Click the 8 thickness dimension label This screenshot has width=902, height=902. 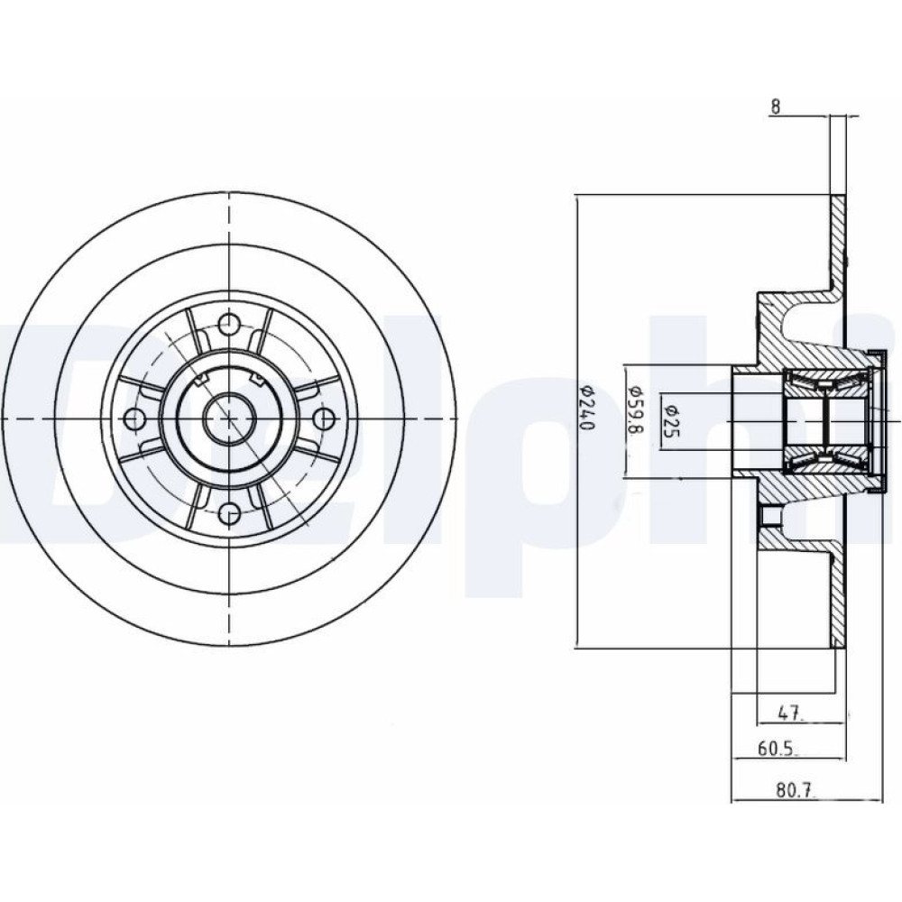coord(776,106)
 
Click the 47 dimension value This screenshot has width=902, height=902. coord(789,713)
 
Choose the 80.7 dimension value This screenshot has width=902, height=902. coord(796,790)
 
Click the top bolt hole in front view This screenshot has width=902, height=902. coord(229,323)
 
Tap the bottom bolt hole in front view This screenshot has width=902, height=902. coord(229,512)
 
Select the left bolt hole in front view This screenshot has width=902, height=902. coord(134,419)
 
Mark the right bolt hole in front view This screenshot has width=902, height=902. coord(325,419)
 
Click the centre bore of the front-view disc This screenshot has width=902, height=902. coord(229,419)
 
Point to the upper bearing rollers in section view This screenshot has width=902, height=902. coord(828,380)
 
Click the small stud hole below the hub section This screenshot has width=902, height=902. coord(769,516)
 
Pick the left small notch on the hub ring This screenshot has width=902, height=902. coord(201,379)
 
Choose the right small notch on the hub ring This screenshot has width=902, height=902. coord(257,379)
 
